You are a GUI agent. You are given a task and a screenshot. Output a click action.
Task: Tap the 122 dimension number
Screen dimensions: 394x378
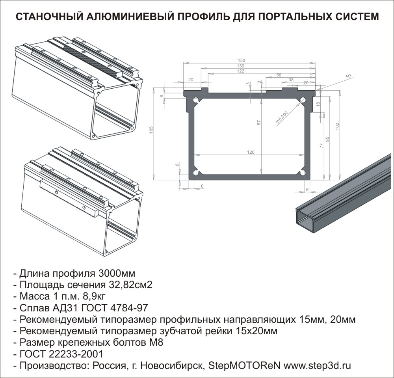pos(240,71)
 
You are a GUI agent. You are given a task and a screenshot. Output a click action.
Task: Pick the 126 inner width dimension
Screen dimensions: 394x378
pos(251,152)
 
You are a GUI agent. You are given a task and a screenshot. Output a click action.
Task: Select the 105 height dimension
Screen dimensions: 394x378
pos(151,129)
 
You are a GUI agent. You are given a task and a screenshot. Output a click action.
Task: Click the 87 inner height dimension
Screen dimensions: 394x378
pos(259,123)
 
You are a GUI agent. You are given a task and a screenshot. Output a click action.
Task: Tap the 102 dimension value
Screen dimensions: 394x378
pos(338,126)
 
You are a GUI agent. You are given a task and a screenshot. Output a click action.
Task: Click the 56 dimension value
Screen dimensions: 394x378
pos(279,75)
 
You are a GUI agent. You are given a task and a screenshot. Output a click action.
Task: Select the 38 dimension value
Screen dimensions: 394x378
pos(291,80)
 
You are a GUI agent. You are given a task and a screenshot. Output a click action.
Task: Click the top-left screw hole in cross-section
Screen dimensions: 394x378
pos(195,100)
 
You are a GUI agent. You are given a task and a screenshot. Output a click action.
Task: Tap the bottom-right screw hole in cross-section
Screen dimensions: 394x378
pos(303,173)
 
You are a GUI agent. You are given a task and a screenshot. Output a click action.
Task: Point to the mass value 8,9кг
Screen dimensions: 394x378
pos(94,296)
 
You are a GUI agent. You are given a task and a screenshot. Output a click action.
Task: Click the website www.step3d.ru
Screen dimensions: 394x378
pos(317,365)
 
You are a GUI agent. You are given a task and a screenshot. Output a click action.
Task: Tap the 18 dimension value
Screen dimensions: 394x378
pos(318,104)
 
